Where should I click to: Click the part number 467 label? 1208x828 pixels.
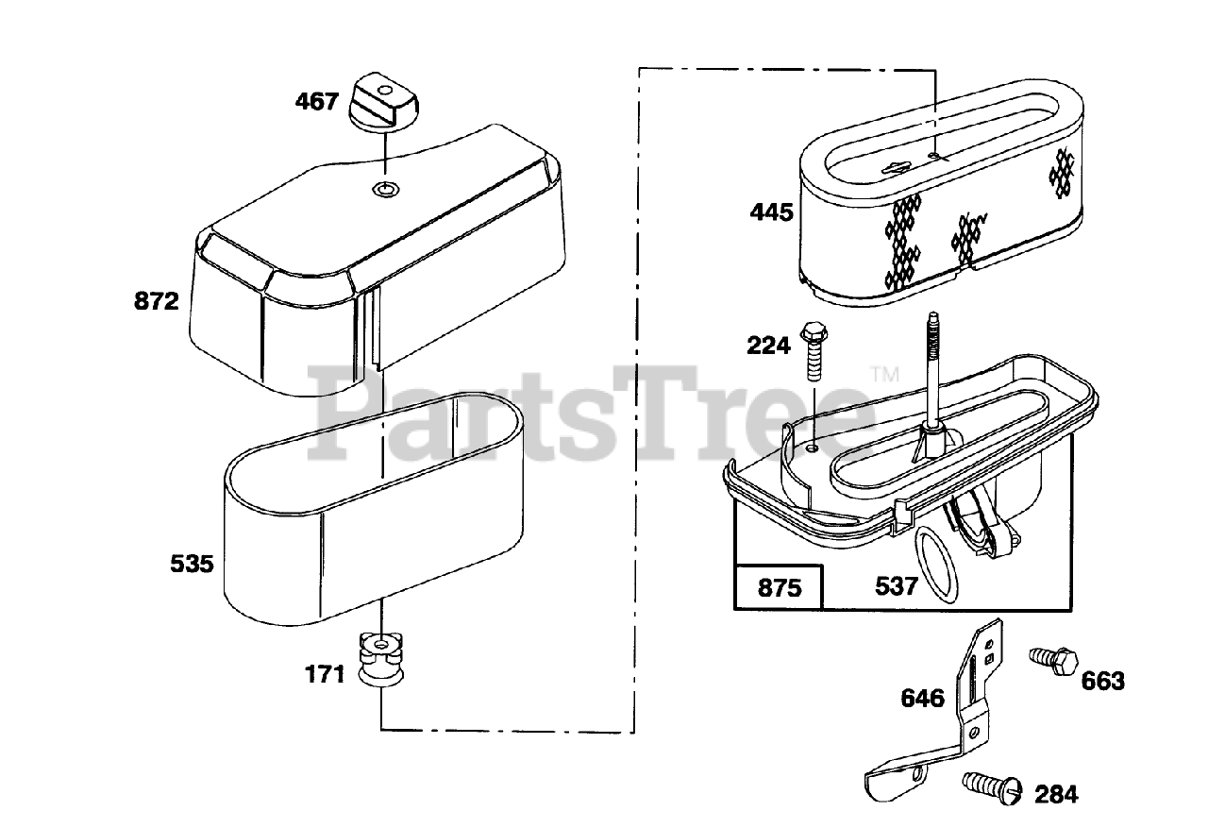[x=316, y=101]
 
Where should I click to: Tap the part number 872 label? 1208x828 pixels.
[x=157, y=302]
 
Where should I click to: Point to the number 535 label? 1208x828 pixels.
[x=193, y=565]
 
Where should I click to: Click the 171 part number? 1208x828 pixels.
[x=326, y=675]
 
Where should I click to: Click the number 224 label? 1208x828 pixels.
[x=768, y=346]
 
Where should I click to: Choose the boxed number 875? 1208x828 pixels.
[x=780, y=587]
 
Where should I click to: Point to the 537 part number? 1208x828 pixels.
[x=896, y=586]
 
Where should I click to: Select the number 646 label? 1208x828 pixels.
[x=922, y=698]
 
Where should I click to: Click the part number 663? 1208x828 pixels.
[x=1102, y=680]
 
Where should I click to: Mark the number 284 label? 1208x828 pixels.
[x=1055, y=794]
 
